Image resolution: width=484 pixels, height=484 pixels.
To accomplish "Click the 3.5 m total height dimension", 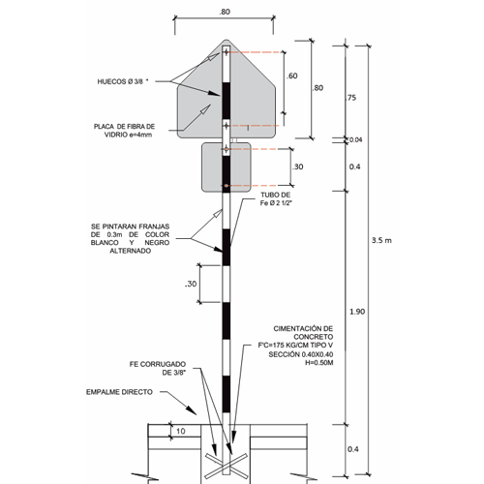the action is click(381, 240).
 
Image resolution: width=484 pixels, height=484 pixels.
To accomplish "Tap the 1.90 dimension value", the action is click(357, 312).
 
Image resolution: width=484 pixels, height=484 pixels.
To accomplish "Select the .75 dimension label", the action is click(350, 98).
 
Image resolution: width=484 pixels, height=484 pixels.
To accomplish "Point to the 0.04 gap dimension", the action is click(355, 140).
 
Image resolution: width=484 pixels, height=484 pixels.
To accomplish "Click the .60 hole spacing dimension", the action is click(291, 76).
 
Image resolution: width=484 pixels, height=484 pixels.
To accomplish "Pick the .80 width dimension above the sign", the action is click(225, 12).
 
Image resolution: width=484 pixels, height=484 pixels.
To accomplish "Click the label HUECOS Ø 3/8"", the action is click(123, 81).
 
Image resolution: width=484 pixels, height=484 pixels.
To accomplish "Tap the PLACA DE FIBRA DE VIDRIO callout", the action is click(125, 131).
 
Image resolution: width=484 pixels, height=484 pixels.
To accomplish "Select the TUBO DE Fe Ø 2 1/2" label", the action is click(276, 198).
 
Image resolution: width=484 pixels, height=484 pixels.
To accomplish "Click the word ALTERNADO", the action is click(131, 251).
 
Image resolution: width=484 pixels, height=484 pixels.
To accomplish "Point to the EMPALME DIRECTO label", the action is click(119, 392).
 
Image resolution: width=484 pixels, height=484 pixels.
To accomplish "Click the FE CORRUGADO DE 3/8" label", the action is click(158, 368).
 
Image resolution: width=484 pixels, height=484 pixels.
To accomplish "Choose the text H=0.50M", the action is click(319, 363).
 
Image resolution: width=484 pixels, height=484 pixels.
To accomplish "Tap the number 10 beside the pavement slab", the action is click(181, 431).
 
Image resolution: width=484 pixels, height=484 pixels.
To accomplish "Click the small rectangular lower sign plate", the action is click(227, 167).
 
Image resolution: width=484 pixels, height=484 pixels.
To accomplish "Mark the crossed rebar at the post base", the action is click(227, 466).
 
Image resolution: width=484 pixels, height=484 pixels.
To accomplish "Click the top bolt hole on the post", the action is click(227, 51).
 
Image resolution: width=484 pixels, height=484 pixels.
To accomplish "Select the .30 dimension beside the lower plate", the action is click(297, 166).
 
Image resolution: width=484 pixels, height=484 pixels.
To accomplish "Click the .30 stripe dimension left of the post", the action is click(191, 284).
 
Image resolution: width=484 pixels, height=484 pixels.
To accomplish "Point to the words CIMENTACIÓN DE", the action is click(303, 329).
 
